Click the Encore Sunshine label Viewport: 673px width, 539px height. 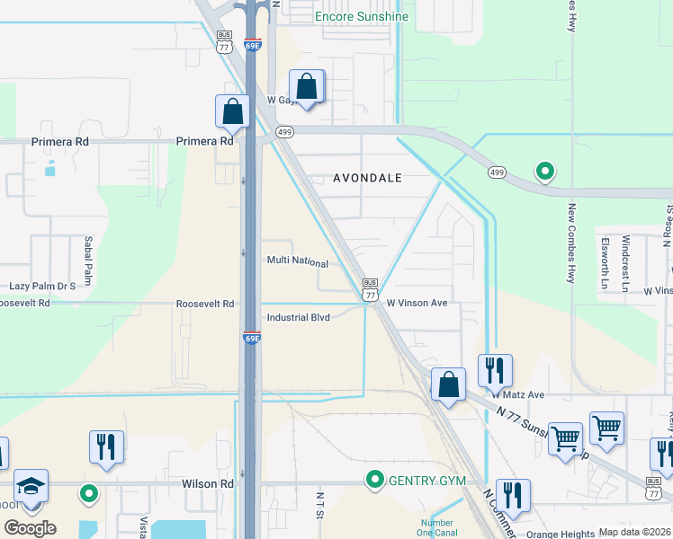(x=361, y=16)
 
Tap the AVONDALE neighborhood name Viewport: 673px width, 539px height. (x=367, y=178)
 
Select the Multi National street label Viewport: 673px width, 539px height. (x=297, y=262)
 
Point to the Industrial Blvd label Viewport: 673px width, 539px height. (x=299, y=318)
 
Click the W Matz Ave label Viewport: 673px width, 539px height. (x=518, y=394)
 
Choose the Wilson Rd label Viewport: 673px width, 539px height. (x=208, y=483)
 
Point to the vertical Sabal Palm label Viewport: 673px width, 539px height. (x=88, y=260)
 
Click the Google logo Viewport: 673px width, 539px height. (x=30, y=527)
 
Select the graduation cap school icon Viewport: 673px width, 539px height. (x=31, y=486)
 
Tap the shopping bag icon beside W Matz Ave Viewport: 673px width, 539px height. (x=448, y=384)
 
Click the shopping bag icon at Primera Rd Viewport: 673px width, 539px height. (x=232, y=111)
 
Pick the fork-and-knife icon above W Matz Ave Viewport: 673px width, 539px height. (x=495, y=369)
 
